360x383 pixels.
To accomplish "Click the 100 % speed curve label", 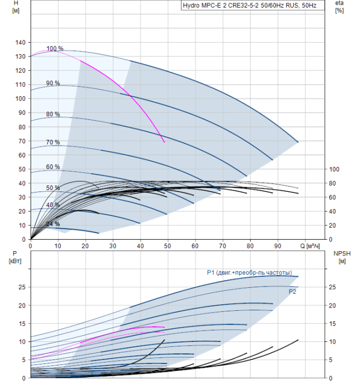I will [x=55, y=49].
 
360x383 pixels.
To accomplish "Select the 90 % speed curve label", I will [x=53, y=83].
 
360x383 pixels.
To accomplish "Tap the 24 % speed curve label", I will [x=53, y=224].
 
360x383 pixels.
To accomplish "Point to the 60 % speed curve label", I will [x=53, y=167].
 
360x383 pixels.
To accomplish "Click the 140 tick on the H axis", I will [x=21, y=42].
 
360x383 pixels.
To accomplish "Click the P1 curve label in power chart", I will [x=249, y=272].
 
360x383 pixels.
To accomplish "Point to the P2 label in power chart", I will [x=293, y=292].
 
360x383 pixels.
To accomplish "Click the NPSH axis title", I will [x=340, y=257].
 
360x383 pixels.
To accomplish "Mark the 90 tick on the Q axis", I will [x=278, y=246].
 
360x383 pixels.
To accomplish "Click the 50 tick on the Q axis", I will [x=167, y=246].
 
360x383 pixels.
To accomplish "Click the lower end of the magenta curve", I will [x=164, y=142].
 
